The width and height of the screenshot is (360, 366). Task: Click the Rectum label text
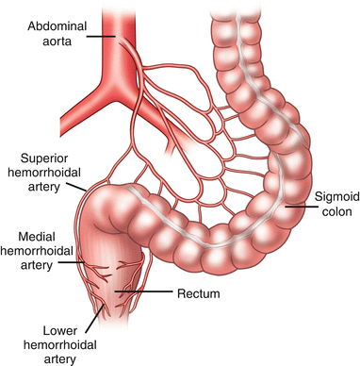[199, 294]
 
